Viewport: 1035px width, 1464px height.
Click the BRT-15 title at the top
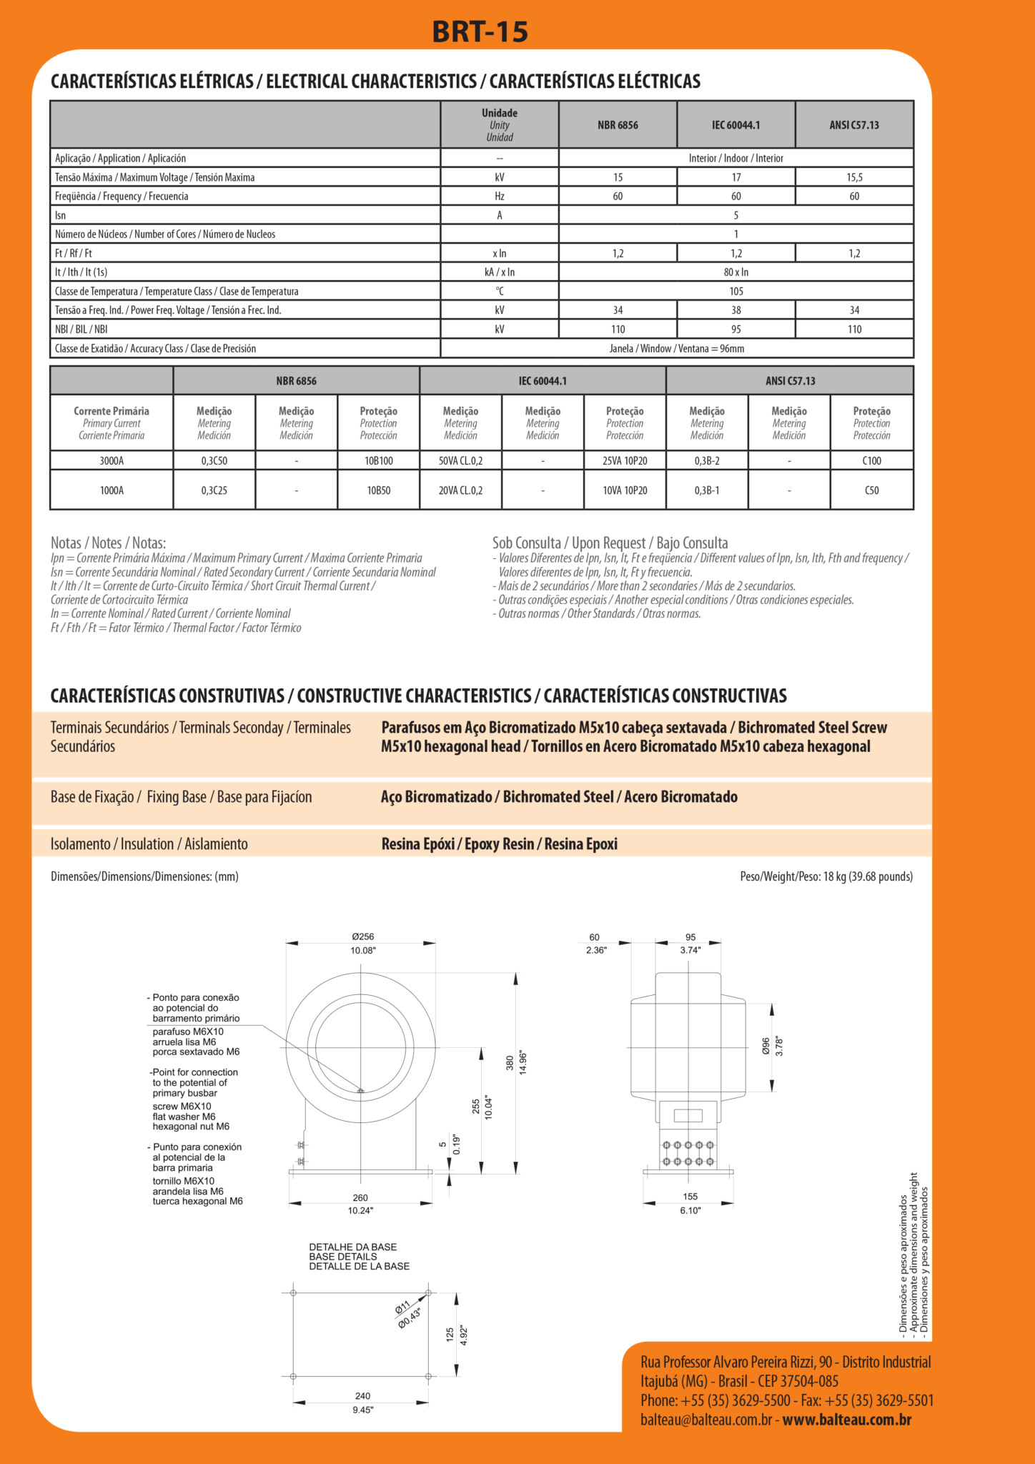coord(480,31)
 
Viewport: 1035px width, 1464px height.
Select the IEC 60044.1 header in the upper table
coord(736,125)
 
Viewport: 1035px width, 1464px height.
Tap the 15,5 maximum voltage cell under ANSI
coord(854,177)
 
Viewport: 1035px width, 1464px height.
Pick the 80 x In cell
coord(736,272)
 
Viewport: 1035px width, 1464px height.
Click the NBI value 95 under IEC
coord(736,330)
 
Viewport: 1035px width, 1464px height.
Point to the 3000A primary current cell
coord(112,461)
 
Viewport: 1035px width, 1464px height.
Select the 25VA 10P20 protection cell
coord(625,461)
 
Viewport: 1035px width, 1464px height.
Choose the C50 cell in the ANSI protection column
coord(871,490)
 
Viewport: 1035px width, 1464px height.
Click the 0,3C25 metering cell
coord(214,490)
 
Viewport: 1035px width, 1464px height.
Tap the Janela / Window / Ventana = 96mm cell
coord(676,349)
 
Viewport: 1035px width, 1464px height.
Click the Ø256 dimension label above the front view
coord(362,936)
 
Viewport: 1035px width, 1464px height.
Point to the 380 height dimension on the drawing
coord(510,1063)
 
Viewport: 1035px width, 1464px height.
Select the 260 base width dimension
coord(360,1198)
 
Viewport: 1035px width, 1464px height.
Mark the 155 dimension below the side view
coord(690,1197)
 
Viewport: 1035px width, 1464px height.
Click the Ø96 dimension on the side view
coord(766,1046)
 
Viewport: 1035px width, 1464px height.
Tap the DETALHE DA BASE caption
coord(352,1247)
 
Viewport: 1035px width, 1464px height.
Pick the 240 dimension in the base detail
coord(362,1396)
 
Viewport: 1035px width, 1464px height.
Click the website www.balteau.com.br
coord(846,1420)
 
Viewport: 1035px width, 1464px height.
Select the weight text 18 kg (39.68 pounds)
coord(868,876)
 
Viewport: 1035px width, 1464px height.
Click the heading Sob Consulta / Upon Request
coord(610,543)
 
